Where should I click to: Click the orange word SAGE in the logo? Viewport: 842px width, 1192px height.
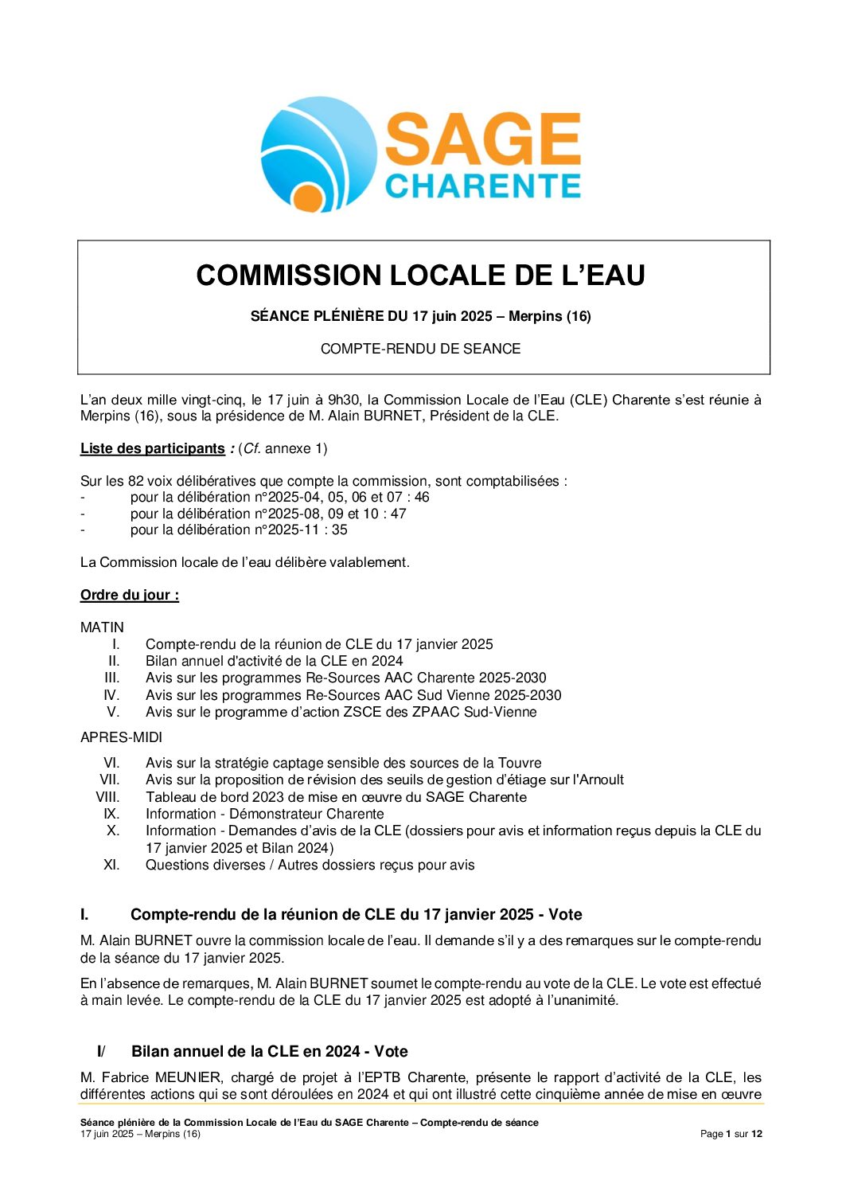[x=482, y=139]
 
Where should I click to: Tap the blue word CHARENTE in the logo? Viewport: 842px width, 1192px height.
[x=482, y=186]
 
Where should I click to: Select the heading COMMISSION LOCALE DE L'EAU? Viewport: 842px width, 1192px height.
[x=420, y=276]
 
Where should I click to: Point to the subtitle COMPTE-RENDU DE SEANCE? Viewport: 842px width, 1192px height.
[x=420, y=349]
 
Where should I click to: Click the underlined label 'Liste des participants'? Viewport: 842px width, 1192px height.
[x=152, y=448]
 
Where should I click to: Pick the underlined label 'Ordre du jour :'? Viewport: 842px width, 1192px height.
[x=129, y=595]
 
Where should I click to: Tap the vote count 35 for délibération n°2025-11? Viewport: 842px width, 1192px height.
[x=340, y=530]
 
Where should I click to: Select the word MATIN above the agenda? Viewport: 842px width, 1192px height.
[x=102, y=627]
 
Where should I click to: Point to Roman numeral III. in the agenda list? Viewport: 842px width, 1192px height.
[x=112, y=678]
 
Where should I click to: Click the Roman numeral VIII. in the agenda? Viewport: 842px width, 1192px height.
[x=108, y=797]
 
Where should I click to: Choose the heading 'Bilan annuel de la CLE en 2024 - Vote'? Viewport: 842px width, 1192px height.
[x=269, y=1051]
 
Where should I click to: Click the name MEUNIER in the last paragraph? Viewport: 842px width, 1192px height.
[x=189, y=1077]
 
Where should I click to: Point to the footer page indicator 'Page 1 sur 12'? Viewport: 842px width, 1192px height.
[x=731, y=1134]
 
